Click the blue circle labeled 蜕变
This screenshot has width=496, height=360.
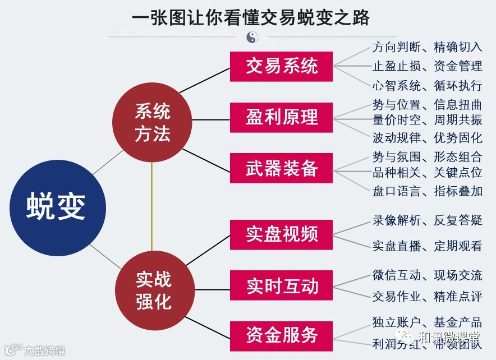56,206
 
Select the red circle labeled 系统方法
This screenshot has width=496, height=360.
152,124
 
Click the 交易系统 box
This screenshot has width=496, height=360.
282,67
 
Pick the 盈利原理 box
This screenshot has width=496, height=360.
282,118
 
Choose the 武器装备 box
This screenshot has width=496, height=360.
282,168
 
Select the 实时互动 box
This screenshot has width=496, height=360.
282,286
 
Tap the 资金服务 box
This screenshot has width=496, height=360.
282,336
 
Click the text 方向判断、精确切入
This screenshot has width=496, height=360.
427,47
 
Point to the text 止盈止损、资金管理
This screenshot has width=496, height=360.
427,66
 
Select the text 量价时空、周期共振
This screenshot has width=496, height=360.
427,119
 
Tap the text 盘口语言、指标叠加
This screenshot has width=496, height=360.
427,191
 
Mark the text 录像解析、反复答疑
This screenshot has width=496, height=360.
427,220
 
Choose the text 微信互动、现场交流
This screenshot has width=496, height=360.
427,275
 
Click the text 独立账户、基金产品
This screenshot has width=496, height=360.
427,322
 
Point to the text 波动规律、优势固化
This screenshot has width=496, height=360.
427,137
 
